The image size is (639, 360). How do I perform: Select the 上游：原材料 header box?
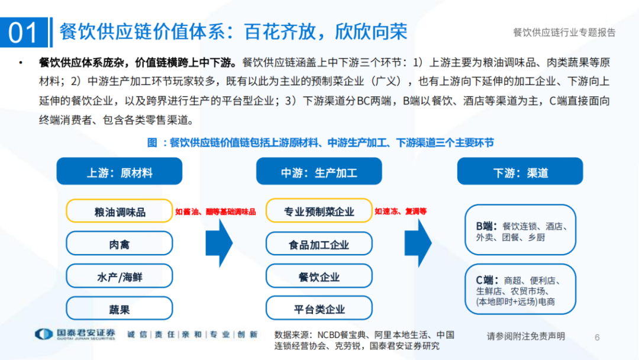click(x=120, y=172)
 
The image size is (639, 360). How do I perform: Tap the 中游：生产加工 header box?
click(x=319, y=172)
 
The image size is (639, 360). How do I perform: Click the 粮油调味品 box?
click(x=120, y=211)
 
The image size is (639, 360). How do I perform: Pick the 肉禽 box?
click(x=120, y=243)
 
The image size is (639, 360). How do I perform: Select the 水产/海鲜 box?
click(x=120, y=276)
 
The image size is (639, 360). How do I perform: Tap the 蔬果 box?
click(x=120, y=308)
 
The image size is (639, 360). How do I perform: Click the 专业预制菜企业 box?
click(x=319, y=211)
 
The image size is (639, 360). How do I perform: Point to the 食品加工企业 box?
click(x=319, y=244)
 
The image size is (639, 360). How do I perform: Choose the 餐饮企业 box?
click(x=319, y=277)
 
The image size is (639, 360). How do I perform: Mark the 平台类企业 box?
click(x=319, y=308)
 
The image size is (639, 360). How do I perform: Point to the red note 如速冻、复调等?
click(x=401, y=211)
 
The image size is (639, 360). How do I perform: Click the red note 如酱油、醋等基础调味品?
click(x=215, y=211)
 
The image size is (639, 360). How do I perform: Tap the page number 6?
click(x=597, y=337)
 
